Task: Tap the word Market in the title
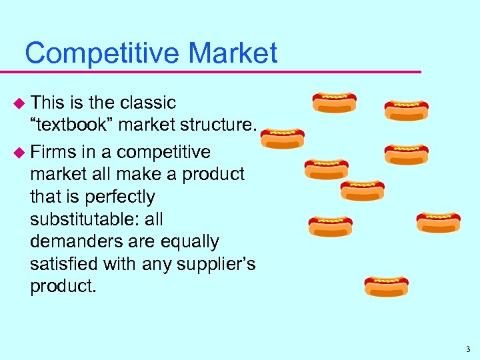point(233,53)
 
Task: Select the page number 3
point(468,349)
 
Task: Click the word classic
point(148,103)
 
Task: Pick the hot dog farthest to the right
point(438,222)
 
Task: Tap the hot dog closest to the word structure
point(282,139)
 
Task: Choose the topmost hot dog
point(335,102)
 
